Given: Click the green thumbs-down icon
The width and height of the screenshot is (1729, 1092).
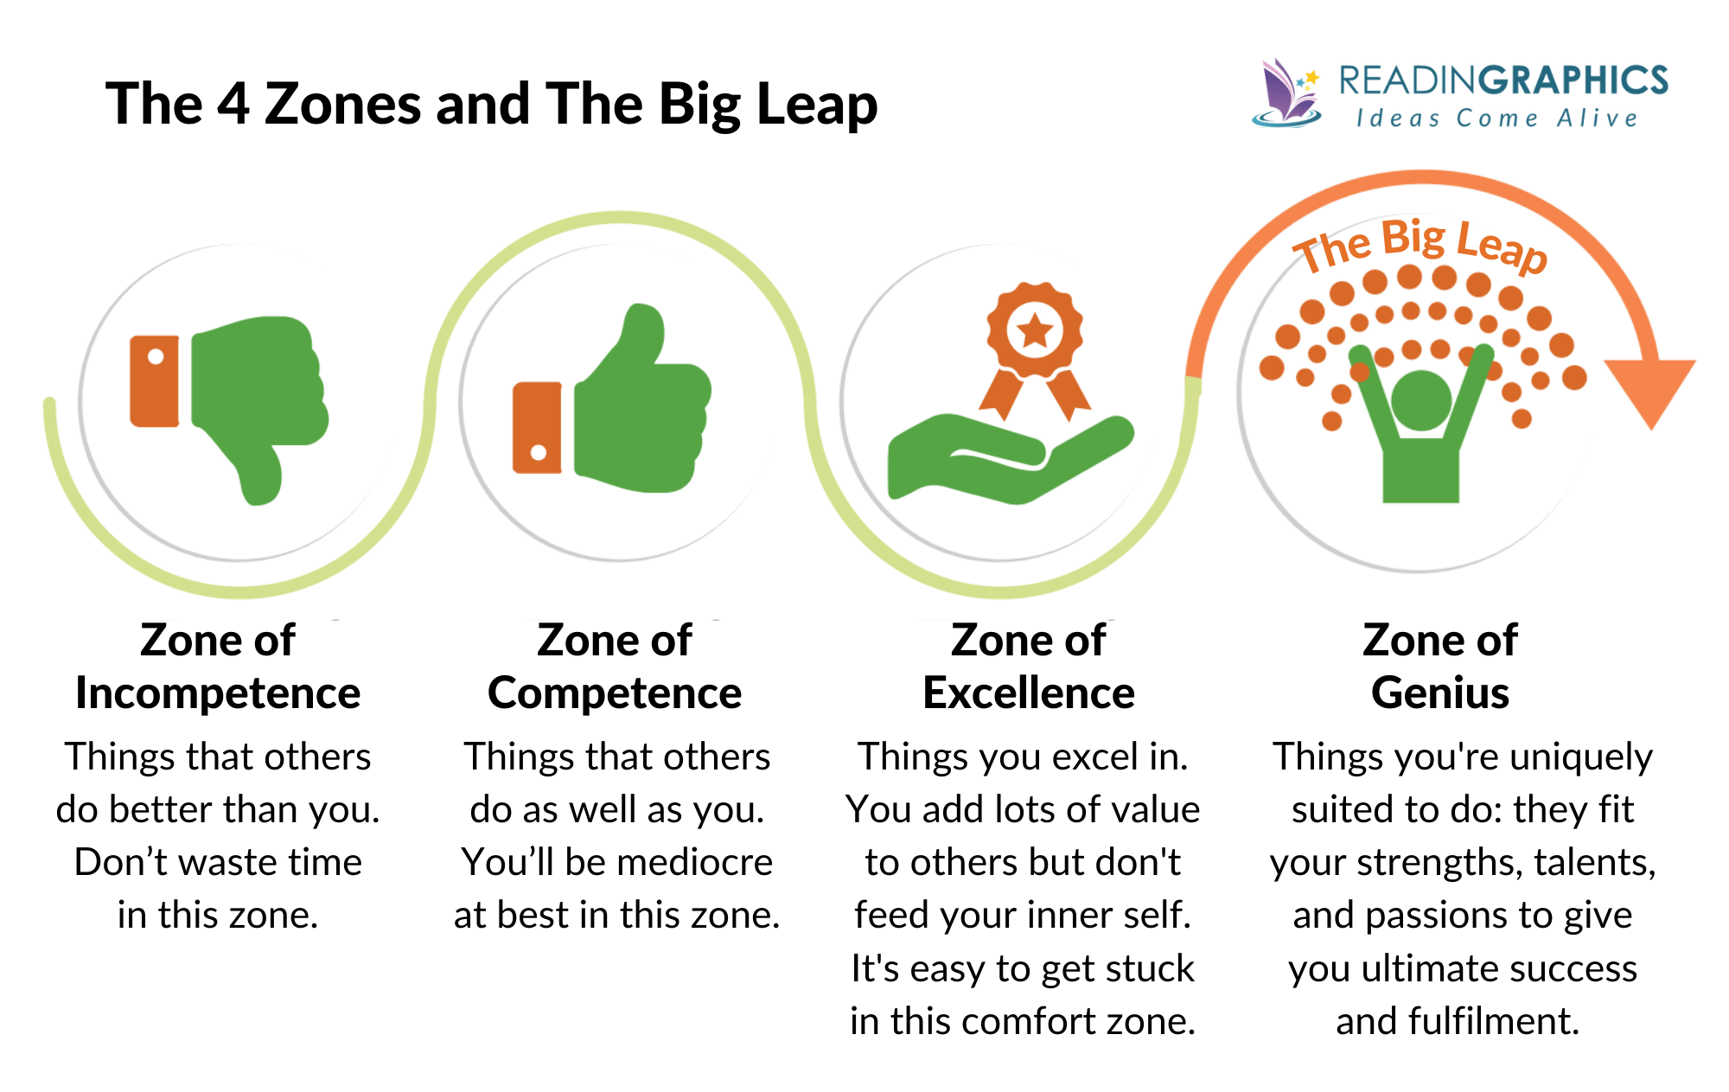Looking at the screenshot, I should [x=255, y=389].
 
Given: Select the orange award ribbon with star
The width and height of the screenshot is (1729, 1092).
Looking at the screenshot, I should [x=1035, y=342].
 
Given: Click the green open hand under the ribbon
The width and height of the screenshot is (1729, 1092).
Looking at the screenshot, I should [x=1003, y=458].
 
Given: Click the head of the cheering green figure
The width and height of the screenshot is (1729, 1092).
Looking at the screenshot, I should [x=1420, y=399].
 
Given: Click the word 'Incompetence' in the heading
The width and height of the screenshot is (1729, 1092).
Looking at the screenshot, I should [x=218, y=693].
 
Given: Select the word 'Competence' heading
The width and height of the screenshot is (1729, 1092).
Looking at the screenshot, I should [x=615, y=693].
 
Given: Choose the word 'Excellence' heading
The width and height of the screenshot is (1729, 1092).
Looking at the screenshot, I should [x=1028, y=693].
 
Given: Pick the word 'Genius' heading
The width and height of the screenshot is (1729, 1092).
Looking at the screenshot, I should [x=1440, y=693].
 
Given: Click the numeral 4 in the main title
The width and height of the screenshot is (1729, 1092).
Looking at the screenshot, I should [x=233, y=104].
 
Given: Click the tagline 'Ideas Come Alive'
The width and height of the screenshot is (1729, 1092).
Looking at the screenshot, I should [x=1496, y=118].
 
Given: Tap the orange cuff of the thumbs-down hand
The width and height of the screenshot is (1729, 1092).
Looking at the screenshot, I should [x=155, y=381].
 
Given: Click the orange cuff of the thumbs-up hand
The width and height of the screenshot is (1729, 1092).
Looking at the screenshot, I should [x=537, y=428].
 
